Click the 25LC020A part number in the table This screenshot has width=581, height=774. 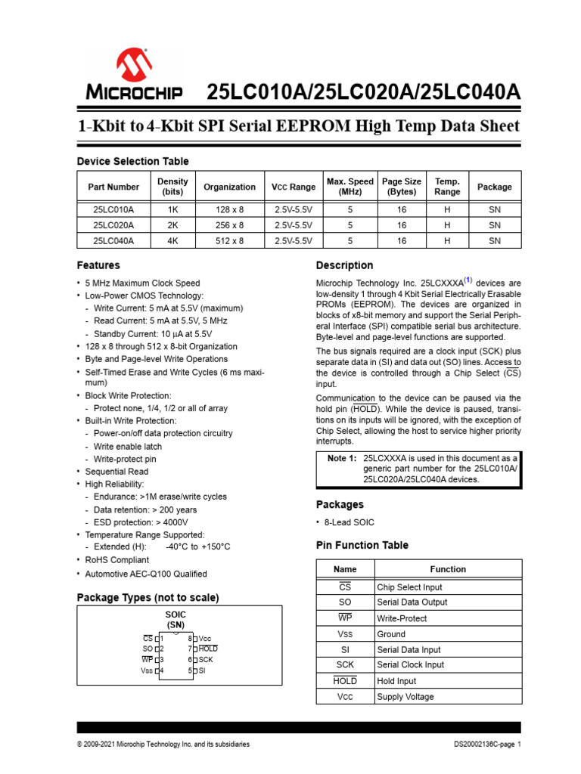pyautogui.click(x=113, y=225)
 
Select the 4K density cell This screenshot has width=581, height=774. pyautogui.click(x=172, y=241)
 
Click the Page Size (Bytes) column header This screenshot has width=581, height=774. pyautogui.click(x=402, y=187)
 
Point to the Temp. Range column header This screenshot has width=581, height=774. pyautogui.click(x=447, y=187)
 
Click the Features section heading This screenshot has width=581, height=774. pyautogui.click(x=98, y=265)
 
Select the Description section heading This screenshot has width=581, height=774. pyautogui.click(x=344, y=265)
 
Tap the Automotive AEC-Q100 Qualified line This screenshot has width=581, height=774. pyautogui.click(x=146, y=574)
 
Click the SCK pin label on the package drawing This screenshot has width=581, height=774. pyautogui.click(x=205, y=660)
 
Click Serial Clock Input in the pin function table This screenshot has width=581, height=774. pyautogui.click(x=410, y=665)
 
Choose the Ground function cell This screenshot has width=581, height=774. pyautogui.click(x=391, y=634)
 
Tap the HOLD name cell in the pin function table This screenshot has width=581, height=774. pyautogui.click(x=345, y=681)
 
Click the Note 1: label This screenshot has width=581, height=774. pyautogui.click(x=341, y=459)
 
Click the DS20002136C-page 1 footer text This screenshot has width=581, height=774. pyautogui.click(x=488, y=745)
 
